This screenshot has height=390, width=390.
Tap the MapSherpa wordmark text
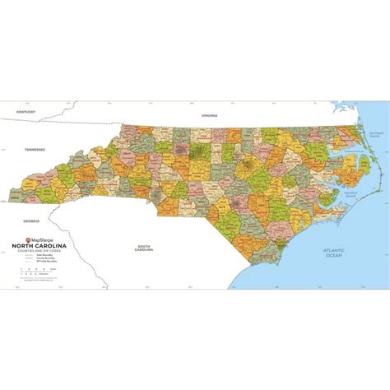pyautogui.click(x=42, y=239)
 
